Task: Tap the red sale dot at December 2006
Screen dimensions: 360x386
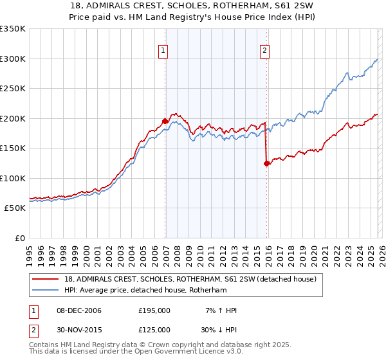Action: pos(165,121)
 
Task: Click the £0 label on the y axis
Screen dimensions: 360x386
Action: pos(19,238)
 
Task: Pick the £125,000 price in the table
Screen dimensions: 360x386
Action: pos(154,329)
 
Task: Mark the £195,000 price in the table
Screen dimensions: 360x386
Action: pos(154,310)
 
